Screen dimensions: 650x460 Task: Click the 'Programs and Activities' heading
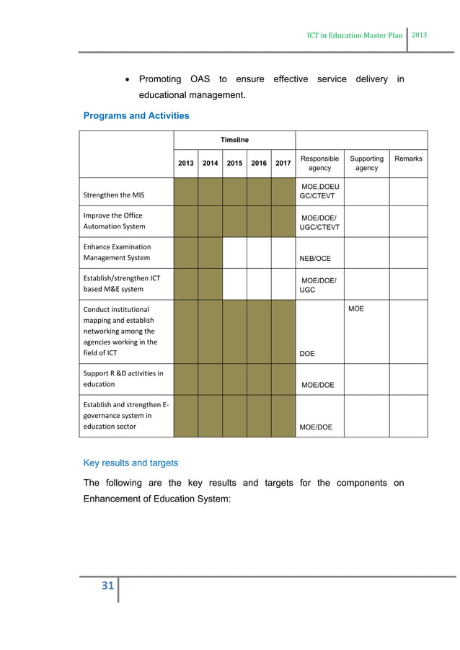(x=136, y=115)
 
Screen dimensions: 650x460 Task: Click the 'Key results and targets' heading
(x=131, y=463)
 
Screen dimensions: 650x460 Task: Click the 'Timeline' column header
(x=234, y=140)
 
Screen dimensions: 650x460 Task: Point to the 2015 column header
(x=234, y=164)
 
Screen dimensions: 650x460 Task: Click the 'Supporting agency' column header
(x=366, y=163)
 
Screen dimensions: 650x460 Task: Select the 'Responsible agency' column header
(x=319, y=163)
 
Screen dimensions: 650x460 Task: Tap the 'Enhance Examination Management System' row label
(x=116, y=252)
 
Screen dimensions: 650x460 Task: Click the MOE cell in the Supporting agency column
(x=356, y=308)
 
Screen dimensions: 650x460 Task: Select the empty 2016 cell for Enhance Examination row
(x=259, y=253)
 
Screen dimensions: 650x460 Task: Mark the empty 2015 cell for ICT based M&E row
(x=234, y=284)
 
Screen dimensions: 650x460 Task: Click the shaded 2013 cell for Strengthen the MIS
(x=185, y=191)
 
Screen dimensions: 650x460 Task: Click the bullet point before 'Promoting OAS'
(x=127, y=79)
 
